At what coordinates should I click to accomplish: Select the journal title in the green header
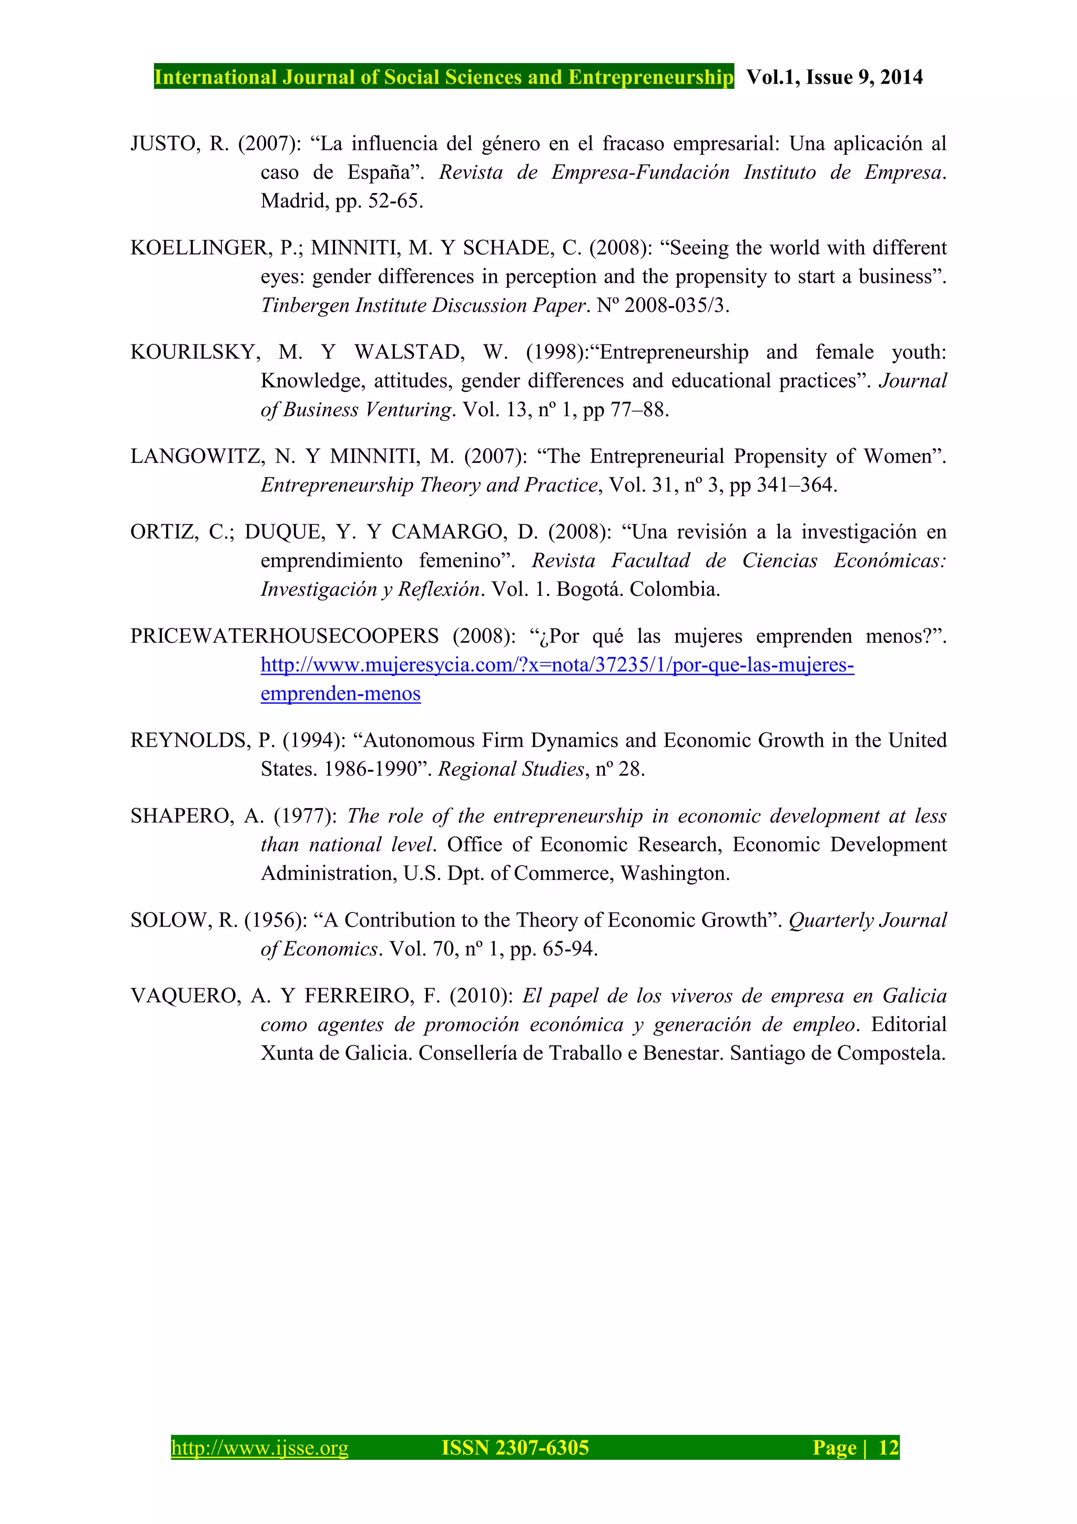tap(443, 77)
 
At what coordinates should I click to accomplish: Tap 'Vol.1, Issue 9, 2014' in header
tap(834, 77)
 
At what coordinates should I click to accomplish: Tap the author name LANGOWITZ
tap(197, 456)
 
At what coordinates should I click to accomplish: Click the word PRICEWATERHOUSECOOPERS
tap(284, 636)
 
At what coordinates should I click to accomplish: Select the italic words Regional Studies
tap(510, 769)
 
